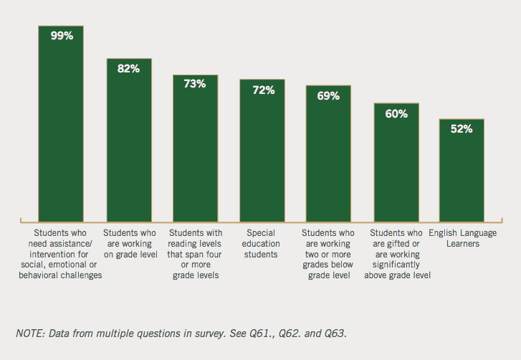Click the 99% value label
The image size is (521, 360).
pos(62,35)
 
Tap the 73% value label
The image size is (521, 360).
pos(195,84)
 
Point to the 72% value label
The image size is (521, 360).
pos(262,90)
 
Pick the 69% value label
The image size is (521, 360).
pos(328,95)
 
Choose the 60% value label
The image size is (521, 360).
pos(396,113)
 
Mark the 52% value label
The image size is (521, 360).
pos(462,129)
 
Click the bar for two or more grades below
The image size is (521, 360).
pos(328,158)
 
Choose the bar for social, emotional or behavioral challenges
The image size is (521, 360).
pos(62,129)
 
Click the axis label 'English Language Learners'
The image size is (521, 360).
pos(462,238)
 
